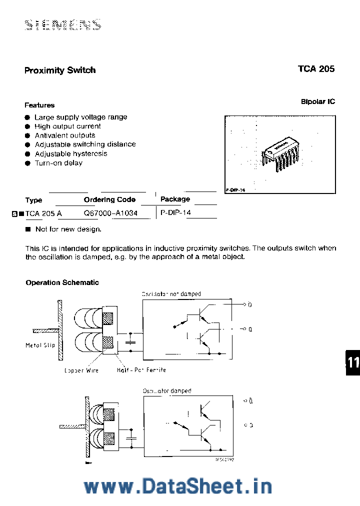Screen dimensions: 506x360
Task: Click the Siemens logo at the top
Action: (63, 24)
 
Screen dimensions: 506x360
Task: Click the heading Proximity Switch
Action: (60, 70)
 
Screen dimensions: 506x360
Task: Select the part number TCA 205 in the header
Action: (316, 69)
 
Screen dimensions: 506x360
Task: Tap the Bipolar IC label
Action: (317, 101)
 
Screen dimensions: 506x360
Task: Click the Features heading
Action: (39, 105)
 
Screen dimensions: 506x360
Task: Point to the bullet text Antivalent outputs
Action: (64, 135)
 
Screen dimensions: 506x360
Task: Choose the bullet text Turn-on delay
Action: (58, 163)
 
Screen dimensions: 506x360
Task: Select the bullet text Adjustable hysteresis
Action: (71, 154)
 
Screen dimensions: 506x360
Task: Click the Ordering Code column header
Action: (109, 199)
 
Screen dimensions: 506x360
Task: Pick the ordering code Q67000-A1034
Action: (117, 212)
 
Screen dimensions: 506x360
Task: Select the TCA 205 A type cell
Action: (43, 212)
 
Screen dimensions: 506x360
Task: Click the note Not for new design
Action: (68, 229)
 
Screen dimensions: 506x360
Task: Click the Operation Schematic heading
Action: (62, 282)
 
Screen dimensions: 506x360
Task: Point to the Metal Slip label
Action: (40, 345)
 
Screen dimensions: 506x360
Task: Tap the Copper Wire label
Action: (81, 370)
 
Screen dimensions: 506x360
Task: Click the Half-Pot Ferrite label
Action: (141, 370)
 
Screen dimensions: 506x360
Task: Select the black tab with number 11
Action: (352, 362)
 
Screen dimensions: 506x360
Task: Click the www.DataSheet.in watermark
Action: (177, 486)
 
